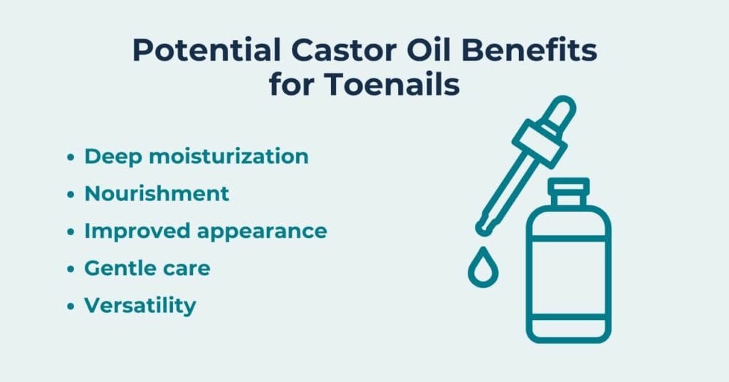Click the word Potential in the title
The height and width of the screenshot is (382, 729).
pos(207,51)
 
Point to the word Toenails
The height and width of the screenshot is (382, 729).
pos(392,85)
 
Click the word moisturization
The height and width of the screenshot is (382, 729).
pos(229,156)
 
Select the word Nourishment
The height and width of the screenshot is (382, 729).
pos(157,194)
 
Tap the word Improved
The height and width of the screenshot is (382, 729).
pos(137,232)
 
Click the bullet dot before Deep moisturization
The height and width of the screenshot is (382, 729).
pos(70,157)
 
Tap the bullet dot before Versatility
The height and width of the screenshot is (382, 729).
pos(70,306)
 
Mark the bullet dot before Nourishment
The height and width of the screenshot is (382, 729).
pos(70,194)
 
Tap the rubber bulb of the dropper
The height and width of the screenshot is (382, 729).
pos(560,111)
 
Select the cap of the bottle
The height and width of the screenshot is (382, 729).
pos(568,191)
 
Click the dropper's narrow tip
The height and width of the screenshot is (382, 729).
pos(484,227)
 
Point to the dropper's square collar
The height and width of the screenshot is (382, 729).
pos(540,143)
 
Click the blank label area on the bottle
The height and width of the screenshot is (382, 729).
pos(568,278)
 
